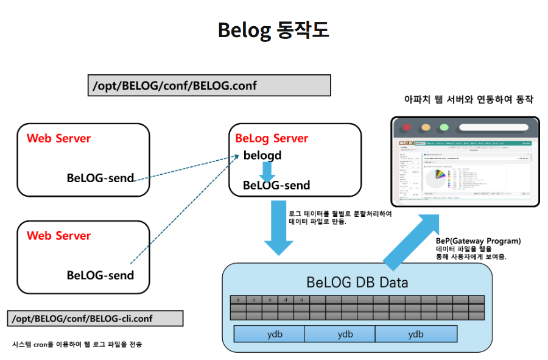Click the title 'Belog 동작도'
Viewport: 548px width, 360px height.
pos(273,30)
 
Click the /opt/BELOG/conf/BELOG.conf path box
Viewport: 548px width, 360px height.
pos(209,85)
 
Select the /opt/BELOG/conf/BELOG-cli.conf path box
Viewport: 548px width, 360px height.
pos(96,318)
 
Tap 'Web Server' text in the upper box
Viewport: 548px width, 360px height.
pos(58,138)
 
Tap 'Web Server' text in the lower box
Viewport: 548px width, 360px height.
pos(58,236)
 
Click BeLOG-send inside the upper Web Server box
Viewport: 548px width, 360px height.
pos(100,178)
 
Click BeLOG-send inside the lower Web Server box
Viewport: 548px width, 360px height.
pos(100,275)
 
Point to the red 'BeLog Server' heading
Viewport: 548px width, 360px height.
pos(272,138)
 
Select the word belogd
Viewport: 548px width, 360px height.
pos(262,155)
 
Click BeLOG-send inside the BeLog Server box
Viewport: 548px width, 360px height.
pos(276,185)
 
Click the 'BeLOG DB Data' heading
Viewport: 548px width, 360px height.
pos(357,283)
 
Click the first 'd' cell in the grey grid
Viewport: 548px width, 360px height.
pos(238,299)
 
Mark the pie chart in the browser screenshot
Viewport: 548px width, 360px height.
pos(435,179)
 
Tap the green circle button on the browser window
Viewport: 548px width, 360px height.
pos(444,128)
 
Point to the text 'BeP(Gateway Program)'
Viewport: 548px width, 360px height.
pos(478,241)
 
